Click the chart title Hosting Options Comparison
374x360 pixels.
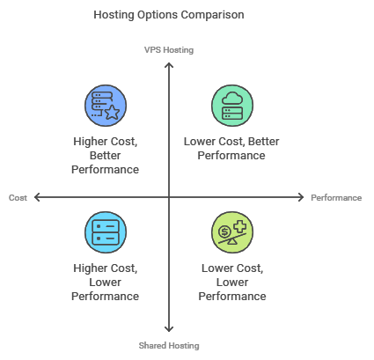pos(169,15)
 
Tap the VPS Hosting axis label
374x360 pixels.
pos(169,50)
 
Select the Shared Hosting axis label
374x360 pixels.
pos(169,346)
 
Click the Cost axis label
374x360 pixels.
pos(18,198)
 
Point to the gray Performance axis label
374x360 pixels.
pos(336,198)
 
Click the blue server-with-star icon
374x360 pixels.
pos(106,106)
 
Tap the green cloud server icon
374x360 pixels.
pos(232,106)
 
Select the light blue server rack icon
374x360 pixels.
pos(106,232)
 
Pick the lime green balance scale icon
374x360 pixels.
pos(232,232)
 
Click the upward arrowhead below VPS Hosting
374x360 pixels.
pos(169,64)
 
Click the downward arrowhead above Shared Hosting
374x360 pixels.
pos(169,330)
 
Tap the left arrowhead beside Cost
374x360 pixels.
pos(36,197)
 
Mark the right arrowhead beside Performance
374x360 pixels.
pos(302,197)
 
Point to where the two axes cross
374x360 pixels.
pos(169,197)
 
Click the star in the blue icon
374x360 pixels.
pos(113,112)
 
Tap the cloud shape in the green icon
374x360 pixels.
pos(232,99)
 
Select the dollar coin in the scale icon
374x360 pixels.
pos(224,232)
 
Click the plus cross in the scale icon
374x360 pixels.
pos(239,226)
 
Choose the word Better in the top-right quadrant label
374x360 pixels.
pos(263,142)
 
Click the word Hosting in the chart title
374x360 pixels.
pos(114,15)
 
